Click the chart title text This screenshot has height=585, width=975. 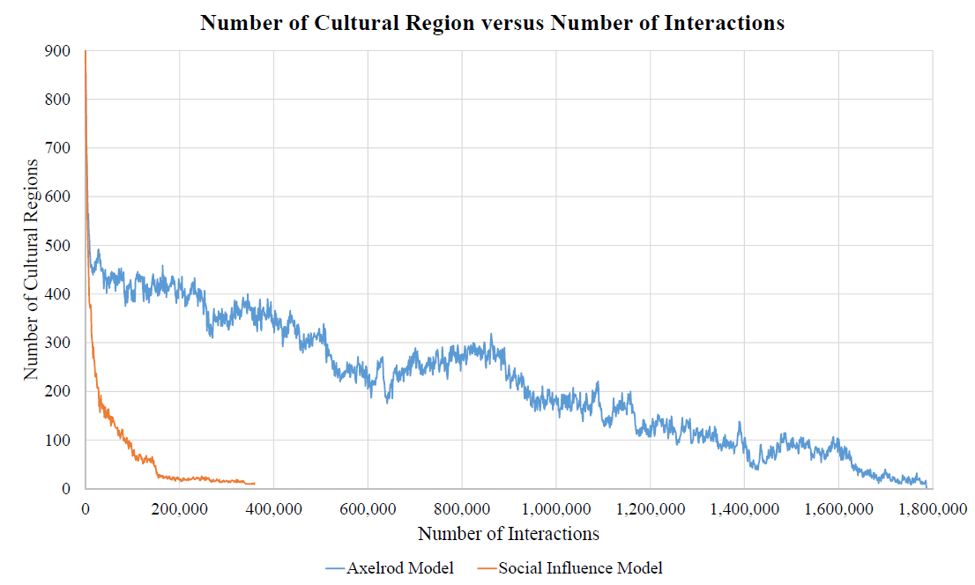(492, 23)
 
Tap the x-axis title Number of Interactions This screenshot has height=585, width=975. (508, 534)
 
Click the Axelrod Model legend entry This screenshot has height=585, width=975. (390, 568)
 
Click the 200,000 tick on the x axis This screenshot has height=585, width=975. (179, 508)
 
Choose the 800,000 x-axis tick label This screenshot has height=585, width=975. (461, 508)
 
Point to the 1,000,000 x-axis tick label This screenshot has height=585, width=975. (555, 508)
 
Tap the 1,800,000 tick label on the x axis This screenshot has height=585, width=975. (932, 508)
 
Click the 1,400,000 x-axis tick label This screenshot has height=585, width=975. (743, 508)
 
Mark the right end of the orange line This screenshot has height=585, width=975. (254, 483)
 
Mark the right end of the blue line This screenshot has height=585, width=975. (927, 485)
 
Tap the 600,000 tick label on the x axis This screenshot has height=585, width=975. (367, 508)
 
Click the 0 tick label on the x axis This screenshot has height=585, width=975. (85, 508)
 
